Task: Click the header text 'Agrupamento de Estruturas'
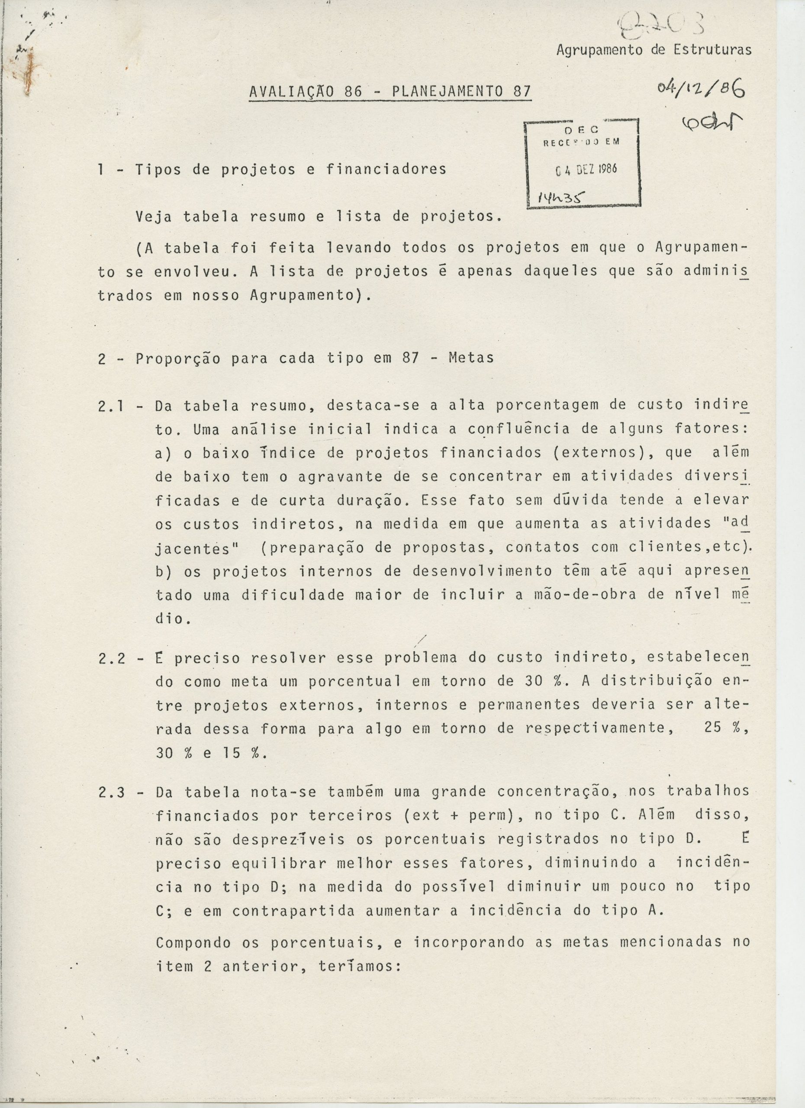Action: point(654,50)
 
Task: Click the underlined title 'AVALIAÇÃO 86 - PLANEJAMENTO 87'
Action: point(390,91)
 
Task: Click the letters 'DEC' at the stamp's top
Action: point(581,130)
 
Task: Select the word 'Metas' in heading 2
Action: point(471,358)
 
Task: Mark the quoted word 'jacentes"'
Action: point(197,549)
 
